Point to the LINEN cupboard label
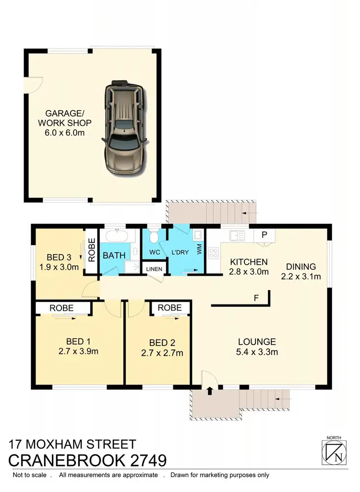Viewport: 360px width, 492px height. (154, 269)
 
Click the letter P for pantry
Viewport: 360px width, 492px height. (264, 235)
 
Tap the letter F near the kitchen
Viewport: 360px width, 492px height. (257, 298)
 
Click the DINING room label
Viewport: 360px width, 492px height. (301, 267)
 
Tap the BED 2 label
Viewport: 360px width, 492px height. (162, 342)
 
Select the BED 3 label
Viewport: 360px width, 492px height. (59, 256)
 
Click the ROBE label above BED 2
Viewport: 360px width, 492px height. (169, 307)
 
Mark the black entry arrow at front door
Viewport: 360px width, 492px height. (209, 391)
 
